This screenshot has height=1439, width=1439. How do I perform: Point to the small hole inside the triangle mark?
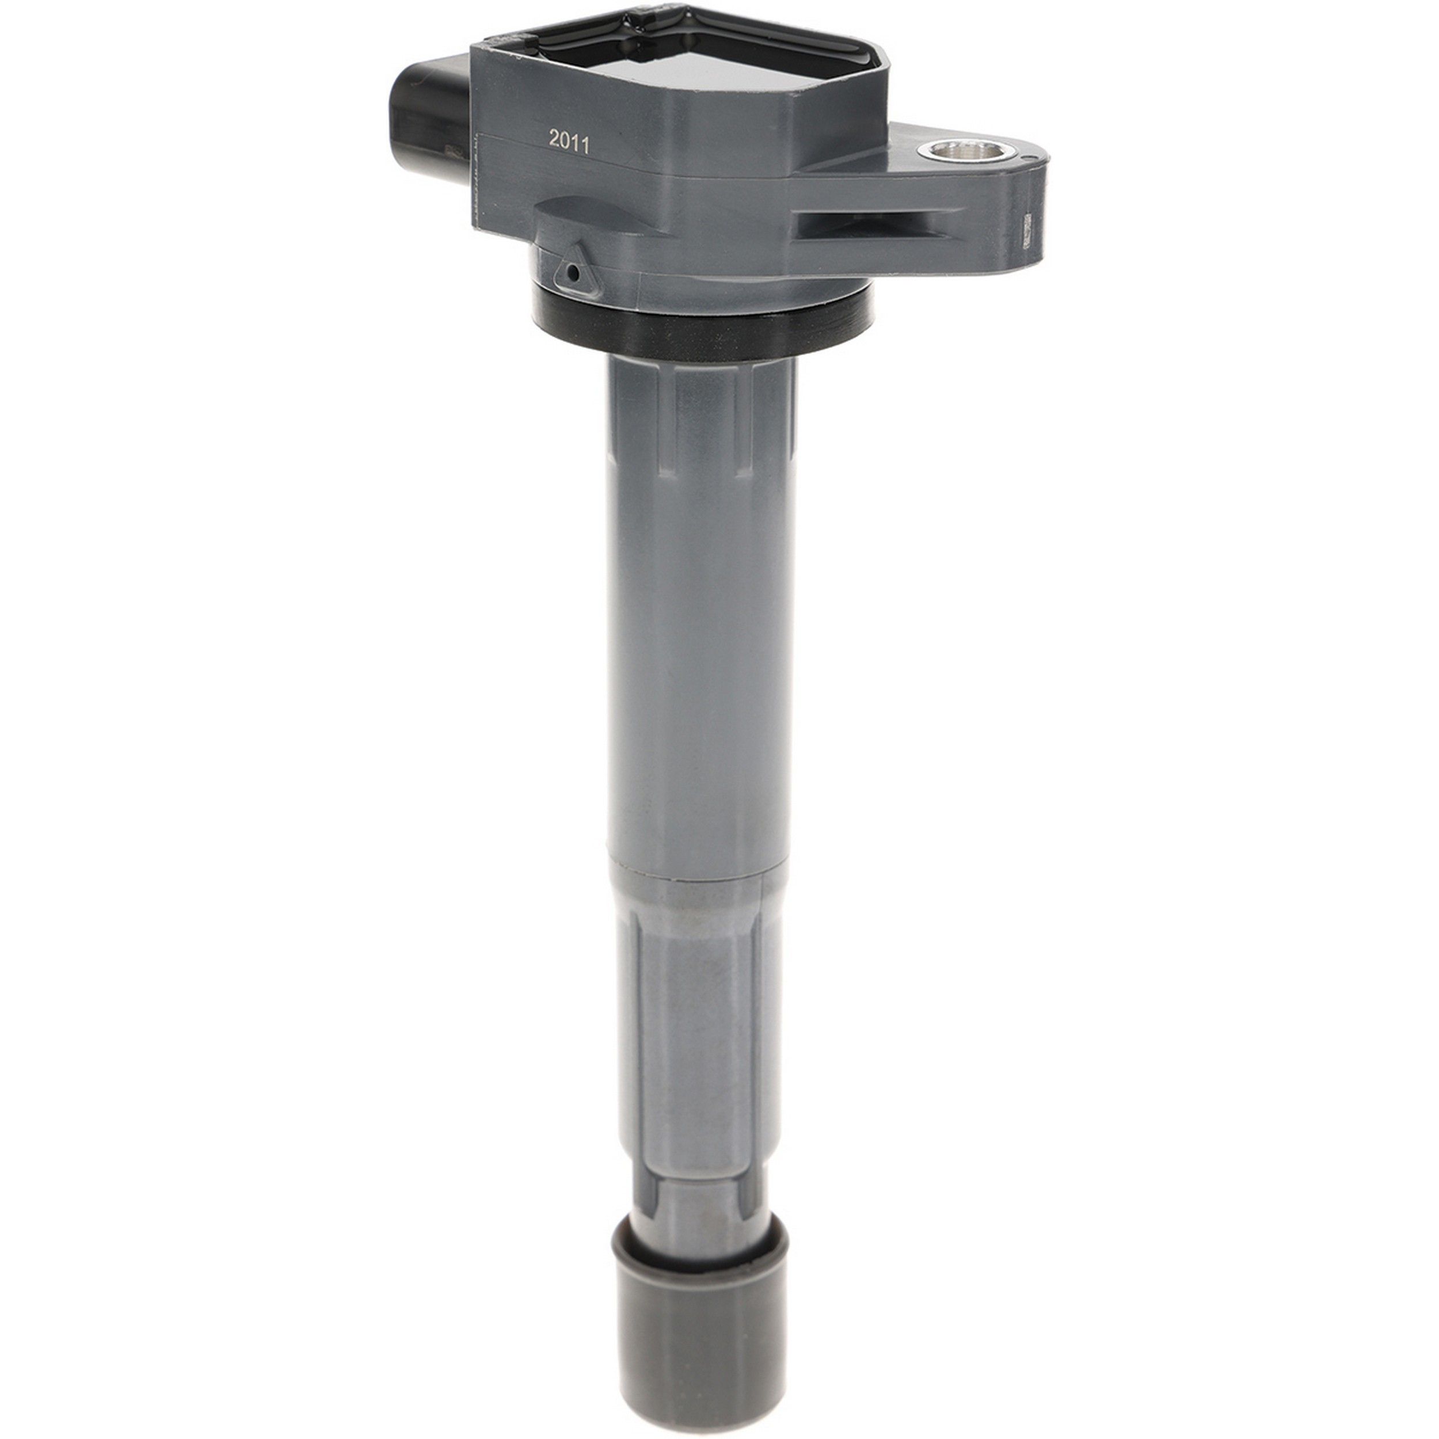(571, 275)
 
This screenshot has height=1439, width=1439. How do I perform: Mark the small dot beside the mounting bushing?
(1027, 158)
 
